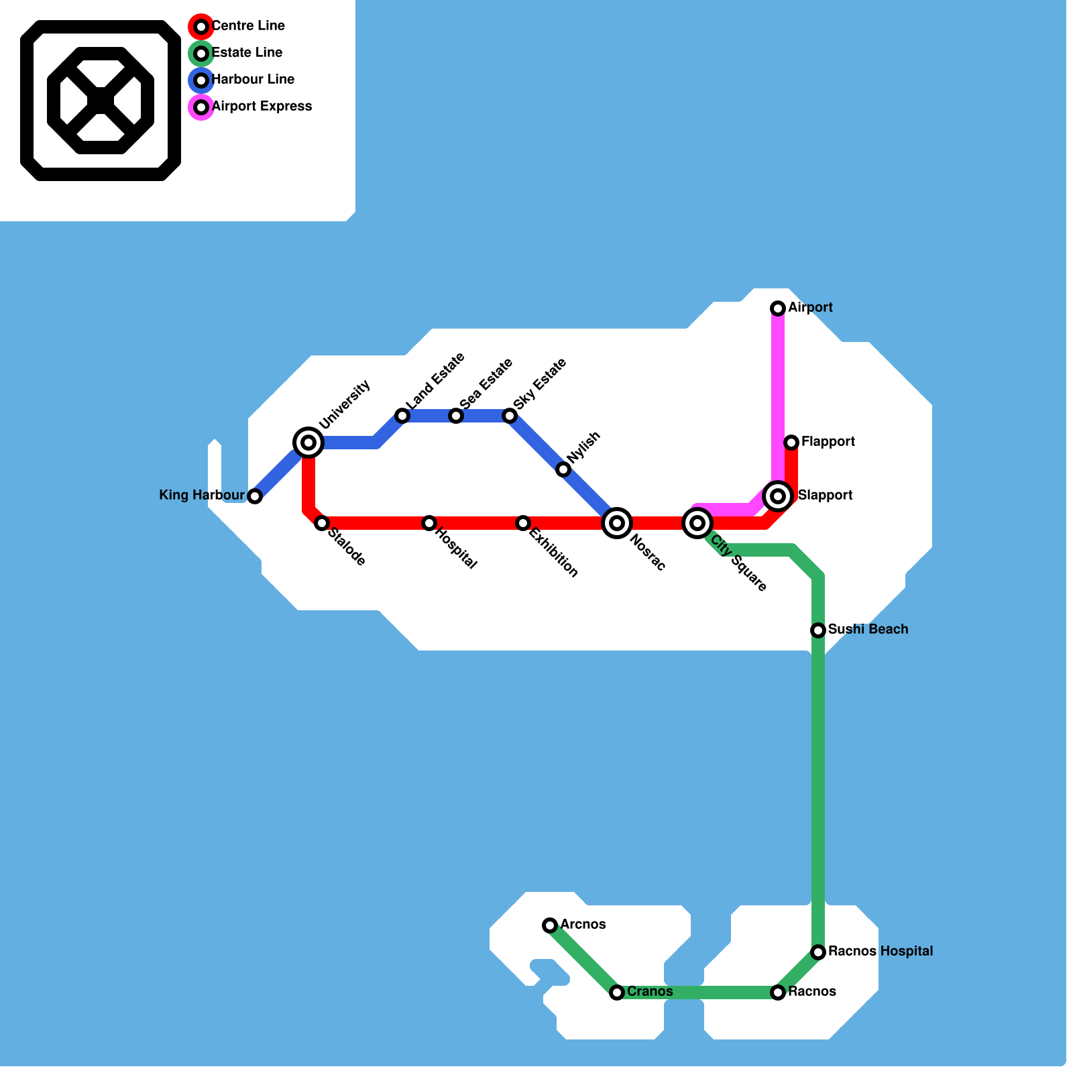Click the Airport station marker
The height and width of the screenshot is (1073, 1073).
pyautogui.click(x=778, y=308)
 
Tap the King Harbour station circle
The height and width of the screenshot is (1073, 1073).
pyautogui.click(x=255, y=496)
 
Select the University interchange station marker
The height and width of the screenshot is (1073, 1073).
pyautogui.click(x=308, y=443)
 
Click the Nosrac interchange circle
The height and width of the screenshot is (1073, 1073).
pyautogui.click(x=617, y=523)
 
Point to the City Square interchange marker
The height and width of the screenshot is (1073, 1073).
pyautogui.click(x=697, y=523)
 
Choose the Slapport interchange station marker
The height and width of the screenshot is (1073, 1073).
pyautogui.click(x=778, y=496)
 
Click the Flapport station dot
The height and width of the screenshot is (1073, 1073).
pyautogui.click(x=791, y=443)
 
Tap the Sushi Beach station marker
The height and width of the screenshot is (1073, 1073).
pyautogui.click(x=818, y=630)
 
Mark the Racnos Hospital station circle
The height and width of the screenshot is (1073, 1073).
pyautogui.click(x=818, y=952)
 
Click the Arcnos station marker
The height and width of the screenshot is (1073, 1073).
pyautogui.click(x=550, y=925)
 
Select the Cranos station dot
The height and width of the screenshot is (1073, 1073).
pyautogui.click(x=617, y=993)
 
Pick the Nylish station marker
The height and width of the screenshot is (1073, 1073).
pyautogui.click(x=563, y=469)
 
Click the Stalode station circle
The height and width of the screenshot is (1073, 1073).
pyautogui.click(x=322, y=523)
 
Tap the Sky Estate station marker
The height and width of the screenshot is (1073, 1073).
pyautogui.click(x=510, y=416)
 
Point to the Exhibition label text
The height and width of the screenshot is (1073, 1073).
pyautogui.click(x=553, y=553)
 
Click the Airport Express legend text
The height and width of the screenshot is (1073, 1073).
pyautogui.click(x=262, y=106)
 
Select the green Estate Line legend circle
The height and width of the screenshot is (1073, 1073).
pyautogui.click(x=201, y=54)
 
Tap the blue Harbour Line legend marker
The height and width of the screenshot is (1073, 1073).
pyautogui.click(x=201, y=80)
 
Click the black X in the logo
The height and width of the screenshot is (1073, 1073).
pyautogui.click(x=101, y=101)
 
